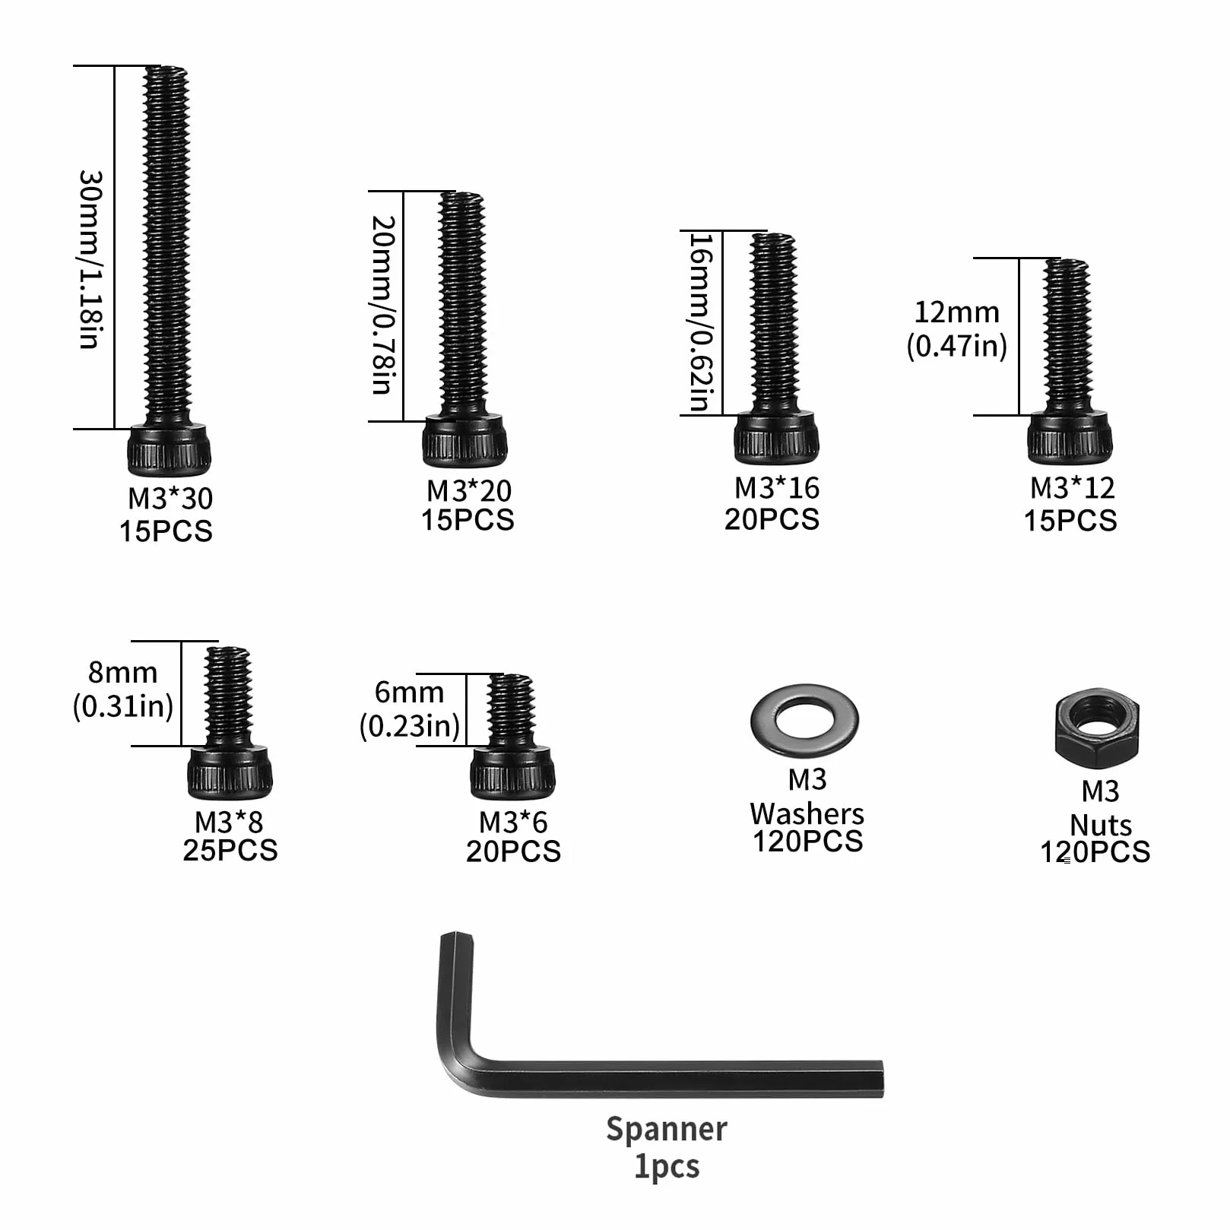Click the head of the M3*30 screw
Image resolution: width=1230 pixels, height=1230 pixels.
169,449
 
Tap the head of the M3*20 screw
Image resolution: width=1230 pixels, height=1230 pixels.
464,440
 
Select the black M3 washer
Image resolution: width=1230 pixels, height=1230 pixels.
804,720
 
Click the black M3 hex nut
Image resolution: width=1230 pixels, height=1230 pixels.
1097,728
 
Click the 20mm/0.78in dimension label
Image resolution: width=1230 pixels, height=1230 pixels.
383,304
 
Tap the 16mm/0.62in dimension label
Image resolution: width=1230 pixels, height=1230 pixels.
700,322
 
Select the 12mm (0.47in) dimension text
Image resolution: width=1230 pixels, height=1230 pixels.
956,328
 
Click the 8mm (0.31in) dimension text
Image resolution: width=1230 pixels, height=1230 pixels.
123,689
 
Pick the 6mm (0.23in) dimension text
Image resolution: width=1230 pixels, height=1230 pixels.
410,709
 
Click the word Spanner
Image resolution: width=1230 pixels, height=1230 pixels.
667,1130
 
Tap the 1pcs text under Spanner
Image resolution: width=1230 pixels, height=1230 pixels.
667,1166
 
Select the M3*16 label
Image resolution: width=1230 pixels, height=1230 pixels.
777,487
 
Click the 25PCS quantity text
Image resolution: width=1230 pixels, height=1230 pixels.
230,850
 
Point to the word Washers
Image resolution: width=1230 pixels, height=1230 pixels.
807,813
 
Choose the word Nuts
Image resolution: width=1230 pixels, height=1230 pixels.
1101,825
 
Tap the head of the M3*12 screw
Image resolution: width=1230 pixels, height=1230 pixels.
1070,437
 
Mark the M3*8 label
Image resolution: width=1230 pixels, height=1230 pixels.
229,822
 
